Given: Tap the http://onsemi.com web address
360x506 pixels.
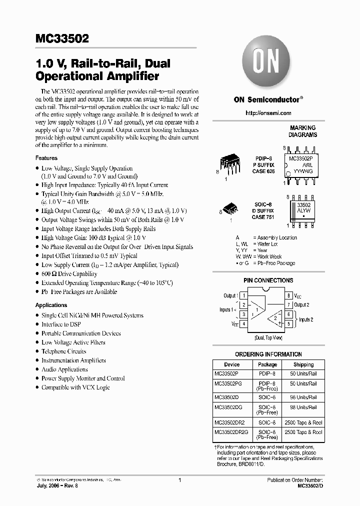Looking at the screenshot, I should [268, 113].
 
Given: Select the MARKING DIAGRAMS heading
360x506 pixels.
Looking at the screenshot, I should [302, 131].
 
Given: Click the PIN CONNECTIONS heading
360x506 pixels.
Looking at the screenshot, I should [268, 280].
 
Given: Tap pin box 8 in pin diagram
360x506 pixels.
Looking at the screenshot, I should [288, 296].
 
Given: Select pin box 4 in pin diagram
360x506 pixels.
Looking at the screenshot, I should [243, 324].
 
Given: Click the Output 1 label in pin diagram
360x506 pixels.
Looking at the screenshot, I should [230, 296].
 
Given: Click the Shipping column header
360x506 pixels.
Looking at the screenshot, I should [303, 365].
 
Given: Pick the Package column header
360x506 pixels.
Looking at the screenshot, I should [267, 365].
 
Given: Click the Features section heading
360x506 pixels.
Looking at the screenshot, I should [46, 158].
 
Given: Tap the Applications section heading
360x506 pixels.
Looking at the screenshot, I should [51, 305].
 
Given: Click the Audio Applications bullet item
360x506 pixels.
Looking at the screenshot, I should [64, 369].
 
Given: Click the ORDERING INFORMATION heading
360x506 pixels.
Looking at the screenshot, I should [268, 354].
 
